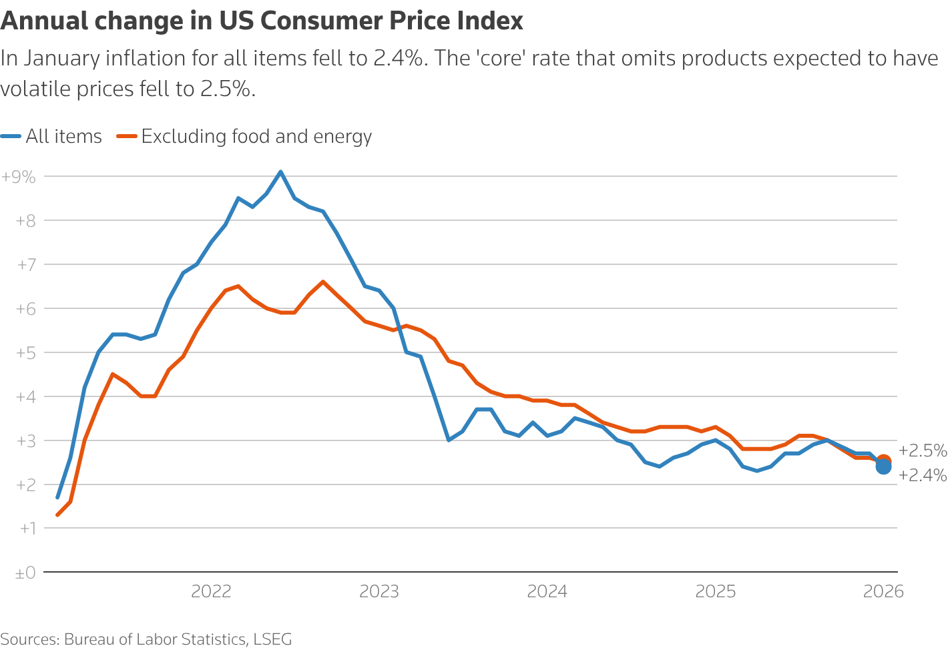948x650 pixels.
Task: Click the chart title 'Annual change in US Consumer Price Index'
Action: point(262,21)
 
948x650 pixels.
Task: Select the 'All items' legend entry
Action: point(63,137)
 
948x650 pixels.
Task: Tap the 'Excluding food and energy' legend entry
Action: point(256,137)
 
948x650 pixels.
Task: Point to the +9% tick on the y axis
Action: point(19,177)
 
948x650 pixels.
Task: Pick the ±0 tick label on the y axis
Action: point(25,573)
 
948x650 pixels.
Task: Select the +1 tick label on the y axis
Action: point(25,529)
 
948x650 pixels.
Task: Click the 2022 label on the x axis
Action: point(211,591)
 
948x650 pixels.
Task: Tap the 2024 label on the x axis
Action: point(547,591)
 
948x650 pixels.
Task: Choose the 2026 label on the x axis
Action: point(883,591)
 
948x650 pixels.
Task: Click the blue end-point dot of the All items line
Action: point(883,467)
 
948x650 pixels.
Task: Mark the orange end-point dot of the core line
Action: point(883,460)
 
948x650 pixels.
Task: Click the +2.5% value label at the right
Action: point(923,451)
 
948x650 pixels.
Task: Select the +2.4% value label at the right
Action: point(923,476)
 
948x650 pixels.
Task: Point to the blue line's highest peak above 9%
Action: point(280,172)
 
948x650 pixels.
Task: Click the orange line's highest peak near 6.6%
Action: point(322,282)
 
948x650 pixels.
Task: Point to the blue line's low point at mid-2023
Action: point(449,440)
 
